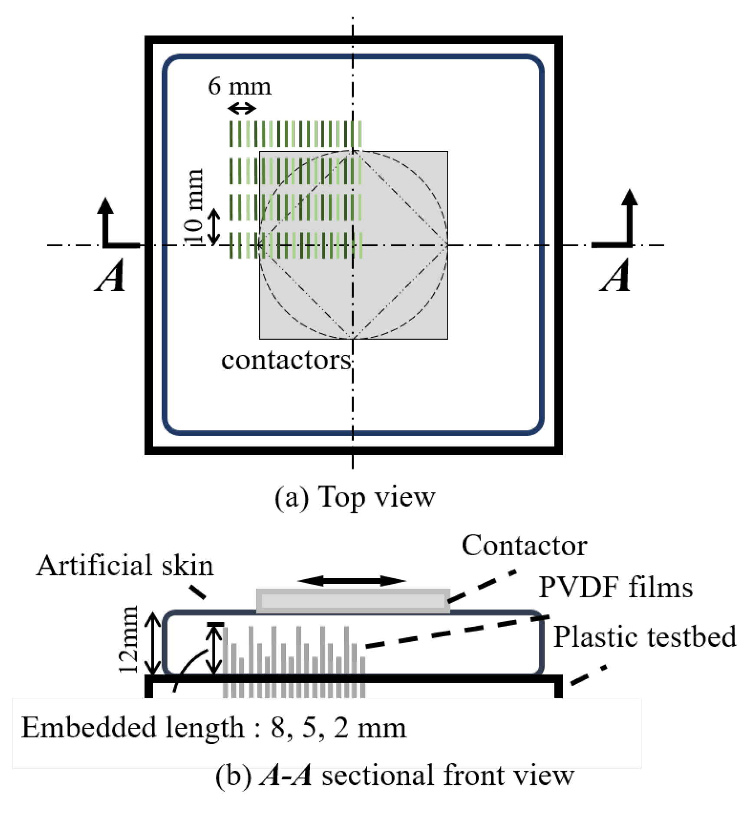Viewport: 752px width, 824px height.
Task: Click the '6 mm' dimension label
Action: [x=240, y=86]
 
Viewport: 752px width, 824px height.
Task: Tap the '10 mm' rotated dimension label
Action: [x=193, y=207]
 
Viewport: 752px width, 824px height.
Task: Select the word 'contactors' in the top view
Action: [x=286, y=360]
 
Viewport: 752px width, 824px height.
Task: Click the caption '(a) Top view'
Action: [x=355, y=497]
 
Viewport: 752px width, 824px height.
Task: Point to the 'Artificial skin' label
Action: [x=125, y=566]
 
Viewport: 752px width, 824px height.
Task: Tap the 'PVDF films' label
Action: [x=615, y=588]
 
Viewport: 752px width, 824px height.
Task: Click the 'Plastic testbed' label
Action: [x=645, y=637]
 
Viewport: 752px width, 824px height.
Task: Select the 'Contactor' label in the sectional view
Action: [x=524, y=546]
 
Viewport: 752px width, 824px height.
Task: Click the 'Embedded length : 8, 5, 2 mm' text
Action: [x=214, y=728]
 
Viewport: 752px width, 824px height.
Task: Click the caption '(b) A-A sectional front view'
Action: [x=394, y=775]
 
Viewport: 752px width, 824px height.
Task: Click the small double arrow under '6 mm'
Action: [x=242, y=108]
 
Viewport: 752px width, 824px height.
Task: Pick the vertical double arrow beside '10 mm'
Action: [x=213, y=226]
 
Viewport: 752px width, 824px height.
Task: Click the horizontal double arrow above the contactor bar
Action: [x=351, y=581]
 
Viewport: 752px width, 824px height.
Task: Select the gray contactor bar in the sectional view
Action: [x=353, y=601]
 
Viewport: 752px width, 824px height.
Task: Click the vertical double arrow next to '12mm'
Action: [x=152, y=643]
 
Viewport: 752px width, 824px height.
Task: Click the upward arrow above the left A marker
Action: [x=105, y=221]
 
